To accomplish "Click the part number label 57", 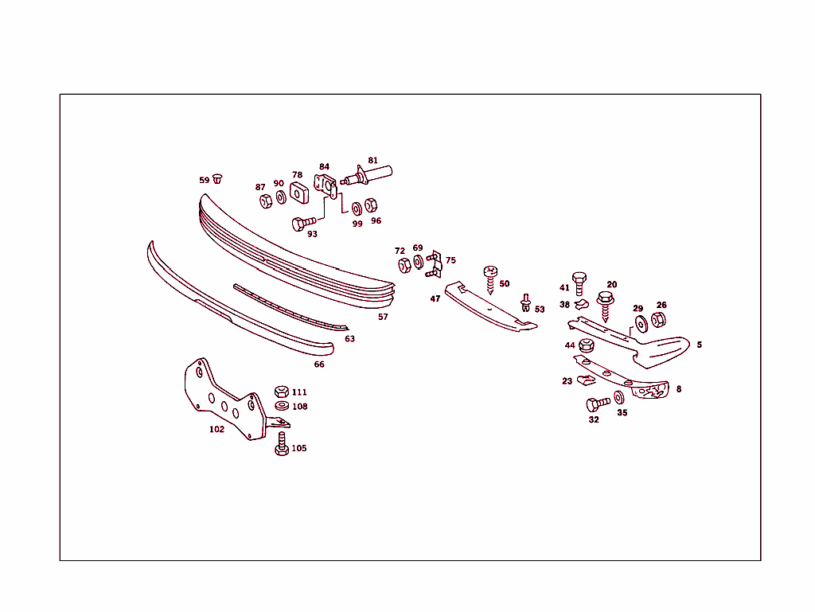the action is point(383,317).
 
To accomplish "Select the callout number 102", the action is point(216,429).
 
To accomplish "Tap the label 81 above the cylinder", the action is point(372,161).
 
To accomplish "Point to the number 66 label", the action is point(319,364).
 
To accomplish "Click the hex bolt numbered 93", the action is point(303,224).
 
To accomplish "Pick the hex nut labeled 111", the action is point(282,392).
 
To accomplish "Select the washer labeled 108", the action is point(282,405).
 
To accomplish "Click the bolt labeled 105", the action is point(282,444).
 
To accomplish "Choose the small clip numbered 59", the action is point(217,179).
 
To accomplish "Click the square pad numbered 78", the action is point(299,193).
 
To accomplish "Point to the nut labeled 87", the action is point(266,201).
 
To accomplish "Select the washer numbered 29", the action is point(641,324).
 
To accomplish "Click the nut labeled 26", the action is point(658,319).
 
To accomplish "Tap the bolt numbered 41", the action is point(579,283).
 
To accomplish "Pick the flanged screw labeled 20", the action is point(605,306).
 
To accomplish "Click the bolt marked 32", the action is point(598,404).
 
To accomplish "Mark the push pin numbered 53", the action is point(526,303).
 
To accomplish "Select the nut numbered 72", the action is point(404,266).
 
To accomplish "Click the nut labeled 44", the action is point(587,345).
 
